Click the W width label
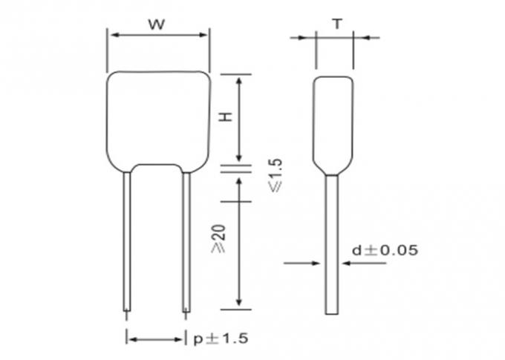click(x=157, y=24)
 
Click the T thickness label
click(x=337, y=24)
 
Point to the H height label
click(x=227, y=117)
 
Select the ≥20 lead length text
click(x=218, y=238)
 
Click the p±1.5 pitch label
click(x=221, y=338)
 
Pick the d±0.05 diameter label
click(x=385, y=250)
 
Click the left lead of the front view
click(x=127, y=241)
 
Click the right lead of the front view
click(x=186, y=242)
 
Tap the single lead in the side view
click(x=332, y=245)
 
